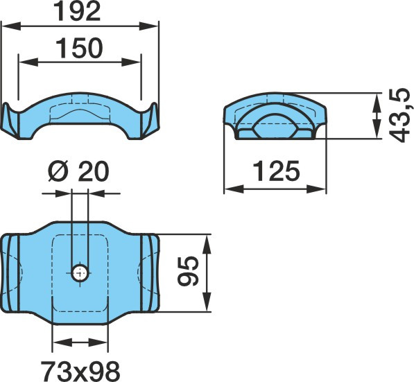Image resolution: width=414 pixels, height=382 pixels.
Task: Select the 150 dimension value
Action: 79,49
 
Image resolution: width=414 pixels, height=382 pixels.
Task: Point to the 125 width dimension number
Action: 277,171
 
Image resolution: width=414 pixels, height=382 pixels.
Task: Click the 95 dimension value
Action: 188,271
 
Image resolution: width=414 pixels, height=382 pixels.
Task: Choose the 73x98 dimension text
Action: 80,371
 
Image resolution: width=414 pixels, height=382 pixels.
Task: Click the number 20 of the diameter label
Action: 94,171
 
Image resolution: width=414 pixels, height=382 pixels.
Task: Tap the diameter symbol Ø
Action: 59,171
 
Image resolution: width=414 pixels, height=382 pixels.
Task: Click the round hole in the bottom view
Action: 80,273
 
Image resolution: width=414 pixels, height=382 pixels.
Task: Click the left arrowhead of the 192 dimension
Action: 11,26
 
